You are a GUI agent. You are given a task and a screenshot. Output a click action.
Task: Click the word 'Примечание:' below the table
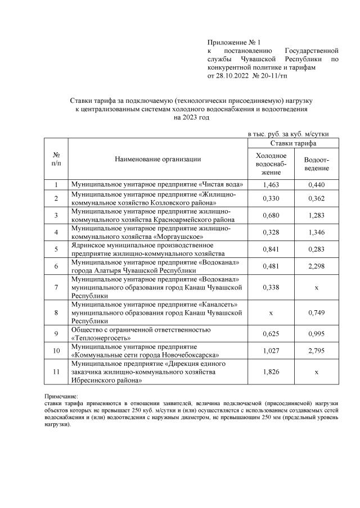(x=61, y=397)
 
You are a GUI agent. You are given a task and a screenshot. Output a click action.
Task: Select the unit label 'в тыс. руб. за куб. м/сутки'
(x=289, y=134)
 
